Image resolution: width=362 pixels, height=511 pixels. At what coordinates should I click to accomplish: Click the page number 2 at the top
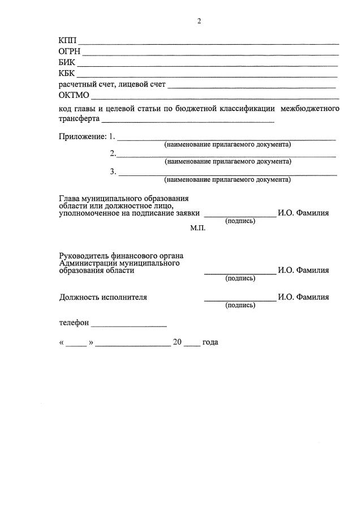click(x=199, y=22)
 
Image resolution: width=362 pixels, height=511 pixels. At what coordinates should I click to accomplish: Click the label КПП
click(x=67, y=41)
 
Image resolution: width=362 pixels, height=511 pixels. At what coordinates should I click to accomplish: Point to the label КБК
click(x=67, y=73)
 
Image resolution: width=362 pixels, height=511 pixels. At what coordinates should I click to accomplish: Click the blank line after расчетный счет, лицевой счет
click(x=252, y=87)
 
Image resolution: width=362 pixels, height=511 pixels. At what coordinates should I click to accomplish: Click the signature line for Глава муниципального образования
click(x=240, y=216)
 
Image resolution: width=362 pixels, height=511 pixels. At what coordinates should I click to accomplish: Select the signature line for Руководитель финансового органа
click(x=240, y=273)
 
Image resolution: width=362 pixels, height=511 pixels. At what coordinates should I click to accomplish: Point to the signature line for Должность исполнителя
click(x=240, y=299)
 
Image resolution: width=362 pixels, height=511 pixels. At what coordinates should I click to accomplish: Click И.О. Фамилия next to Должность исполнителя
click(x=303, y=297)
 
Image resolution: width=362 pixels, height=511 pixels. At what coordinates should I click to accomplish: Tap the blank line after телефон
click(x=128, y=326)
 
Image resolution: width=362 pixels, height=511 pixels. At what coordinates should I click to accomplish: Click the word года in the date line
click(x=210, y=342)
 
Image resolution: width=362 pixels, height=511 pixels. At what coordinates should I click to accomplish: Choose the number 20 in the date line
click(x=177, y=342)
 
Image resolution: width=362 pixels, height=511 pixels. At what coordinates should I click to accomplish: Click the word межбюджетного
click(x=310, y=108)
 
